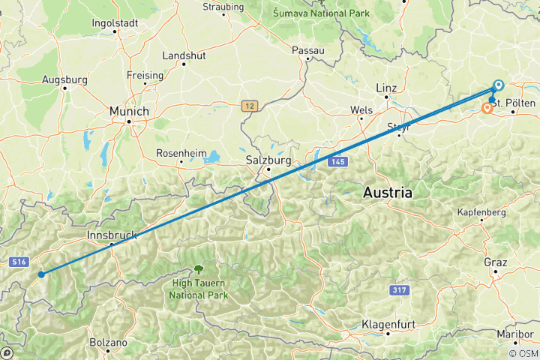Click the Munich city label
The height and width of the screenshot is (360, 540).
(x=129, y=111)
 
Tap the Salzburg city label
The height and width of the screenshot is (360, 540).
(x=268, y=160)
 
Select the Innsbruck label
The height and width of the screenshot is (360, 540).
(x=112, y=235)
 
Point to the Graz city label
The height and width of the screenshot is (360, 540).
(x=496, y=262)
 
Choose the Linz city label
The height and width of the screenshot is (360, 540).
(x=385, y=88)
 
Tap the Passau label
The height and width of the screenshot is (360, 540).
(x=307, y=50)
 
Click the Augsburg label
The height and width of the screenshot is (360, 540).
(x=65, y=79)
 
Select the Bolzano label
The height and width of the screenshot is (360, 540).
(x=107, y=342)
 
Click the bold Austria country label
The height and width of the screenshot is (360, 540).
(x=388, y=193)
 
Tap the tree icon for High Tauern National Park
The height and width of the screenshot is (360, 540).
(x=199, y=268)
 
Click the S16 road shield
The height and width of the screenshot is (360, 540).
(x=19, y=262)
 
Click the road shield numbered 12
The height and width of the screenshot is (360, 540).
(x=250, y=106)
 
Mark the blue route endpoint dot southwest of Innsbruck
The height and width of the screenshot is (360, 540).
(x=41, y=274)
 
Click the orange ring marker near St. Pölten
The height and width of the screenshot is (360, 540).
(x=487, y=108)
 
